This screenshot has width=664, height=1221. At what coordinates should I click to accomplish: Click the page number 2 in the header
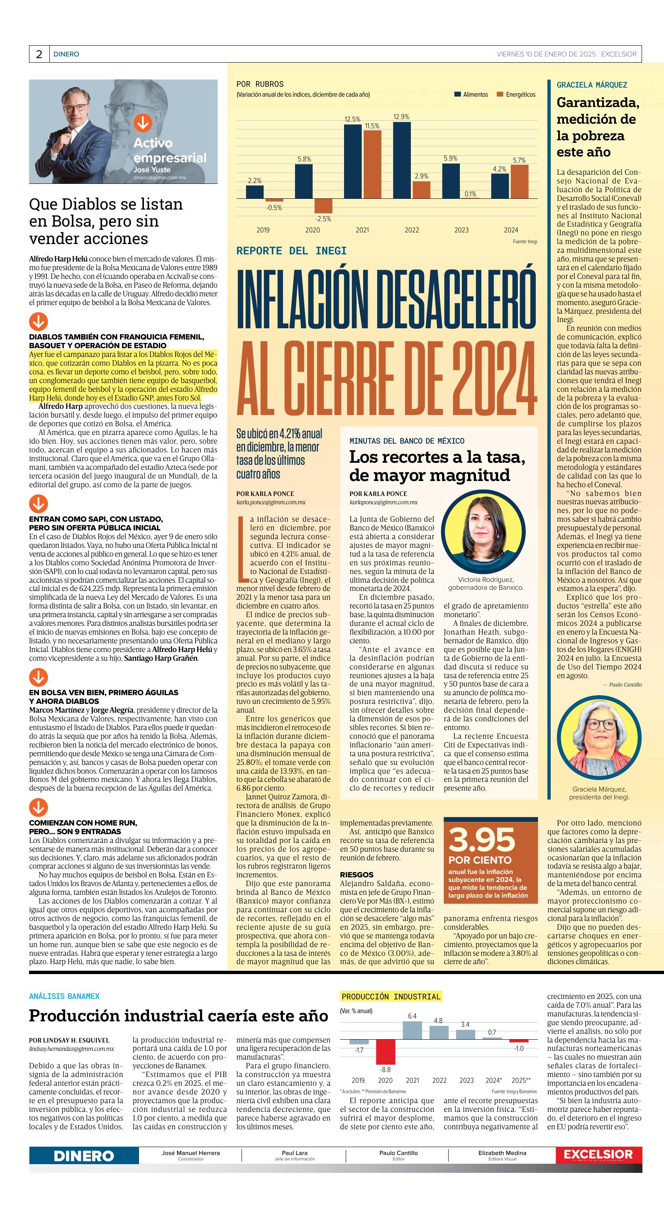(x=39, y=54)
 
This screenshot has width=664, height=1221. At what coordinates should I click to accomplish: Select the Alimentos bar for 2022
(x=402, y=160)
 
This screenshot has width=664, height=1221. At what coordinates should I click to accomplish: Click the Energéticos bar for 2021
(x=373, y=164)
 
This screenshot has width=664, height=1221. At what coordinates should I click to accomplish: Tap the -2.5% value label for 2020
(x=323, y=219)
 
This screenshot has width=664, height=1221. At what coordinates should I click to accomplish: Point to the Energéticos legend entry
(x=516, y=94)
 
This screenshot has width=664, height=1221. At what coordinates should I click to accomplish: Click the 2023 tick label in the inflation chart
(x=461, y=230)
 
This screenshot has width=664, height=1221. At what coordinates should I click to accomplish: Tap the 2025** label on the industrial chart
(x=521, y=1080)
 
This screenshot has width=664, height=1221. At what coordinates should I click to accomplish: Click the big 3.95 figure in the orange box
(x=481, y=840)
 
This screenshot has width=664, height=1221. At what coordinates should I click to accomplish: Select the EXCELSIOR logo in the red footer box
(x=598, y=1155)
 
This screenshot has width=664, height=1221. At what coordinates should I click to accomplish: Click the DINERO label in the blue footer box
(x=84, y=1156)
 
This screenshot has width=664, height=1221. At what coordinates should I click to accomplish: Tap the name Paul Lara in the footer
(x=294, y=1153)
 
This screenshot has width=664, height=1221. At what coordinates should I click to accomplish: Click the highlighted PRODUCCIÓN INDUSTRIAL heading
(x=391, y=996)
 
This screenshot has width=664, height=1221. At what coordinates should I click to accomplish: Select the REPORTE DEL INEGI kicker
(x=291, y=251)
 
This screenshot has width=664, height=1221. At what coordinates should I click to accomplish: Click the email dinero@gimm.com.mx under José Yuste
(x=159, y=177)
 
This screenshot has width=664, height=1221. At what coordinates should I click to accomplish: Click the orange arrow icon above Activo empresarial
(x=142, y=123)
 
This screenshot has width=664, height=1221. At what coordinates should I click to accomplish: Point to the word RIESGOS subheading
(x=356, y=874)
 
